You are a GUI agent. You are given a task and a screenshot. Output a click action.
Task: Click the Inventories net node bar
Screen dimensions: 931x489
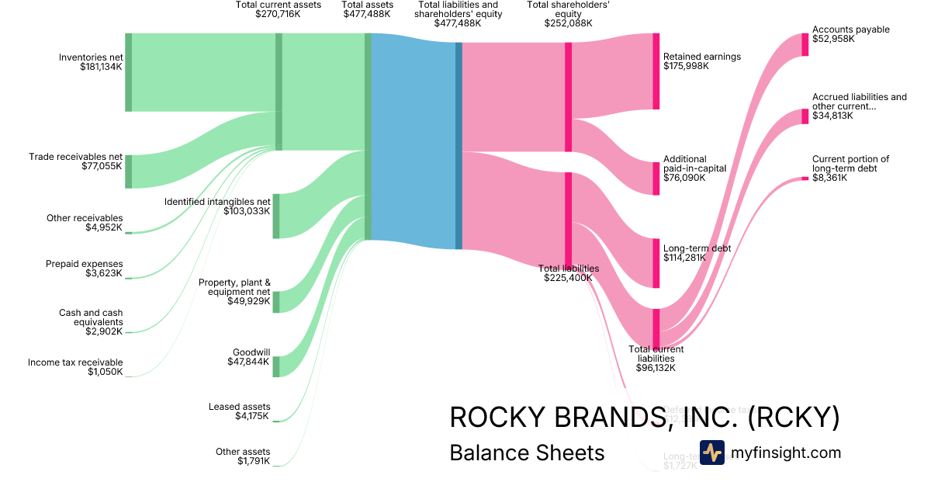point(128,72)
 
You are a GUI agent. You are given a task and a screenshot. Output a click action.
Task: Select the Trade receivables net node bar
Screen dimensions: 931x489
point(128,172)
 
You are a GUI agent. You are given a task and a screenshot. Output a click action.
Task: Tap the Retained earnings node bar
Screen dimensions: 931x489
point(656,71)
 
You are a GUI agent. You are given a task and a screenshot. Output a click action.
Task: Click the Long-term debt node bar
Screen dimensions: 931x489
point(656,264)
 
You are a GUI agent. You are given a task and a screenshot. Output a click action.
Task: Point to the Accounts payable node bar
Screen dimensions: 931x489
point(805,44)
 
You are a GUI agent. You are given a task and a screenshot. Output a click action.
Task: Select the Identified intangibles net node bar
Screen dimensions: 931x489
point(275,216)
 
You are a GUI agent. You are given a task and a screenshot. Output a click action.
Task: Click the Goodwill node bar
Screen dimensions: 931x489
point(275,366)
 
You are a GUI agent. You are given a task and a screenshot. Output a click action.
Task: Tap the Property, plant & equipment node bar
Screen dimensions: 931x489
point(275,302)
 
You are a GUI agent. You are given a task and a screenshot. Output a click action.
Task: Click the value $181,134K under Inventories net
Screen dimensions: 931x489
point(101,67)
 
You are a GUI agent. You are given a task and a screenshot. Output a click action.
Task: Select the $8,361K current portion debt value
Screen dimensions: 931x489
point(829,178)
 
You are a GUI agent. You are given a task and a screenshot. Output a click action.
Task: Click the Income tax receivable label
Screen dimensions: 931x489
point(75,362)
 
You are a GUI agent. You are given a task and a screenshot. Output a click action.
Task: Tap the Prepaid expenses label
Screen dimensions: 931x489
point(84,264)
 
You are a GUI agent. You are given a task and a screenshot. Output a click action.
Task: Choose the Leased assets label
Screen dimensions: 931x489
point(239,407)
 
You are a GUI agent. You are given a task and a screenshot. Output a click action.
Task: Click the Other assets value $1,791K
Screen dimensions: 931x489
point(254,461)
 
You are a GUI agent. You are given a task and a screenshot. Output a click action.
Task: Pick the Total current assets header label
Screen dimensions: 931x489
point(268,5)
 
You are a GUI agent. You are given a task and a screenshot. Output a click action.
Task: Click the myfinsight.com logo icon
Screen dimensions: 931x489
point(711,453)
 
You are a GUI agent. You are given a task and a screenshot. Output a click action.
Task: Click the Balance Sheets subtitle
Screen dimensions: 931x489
point(527,453)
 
